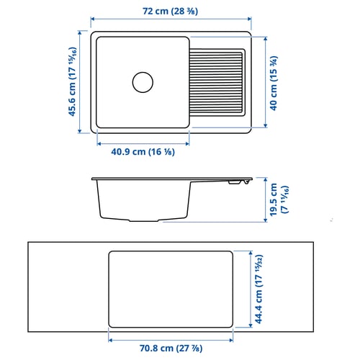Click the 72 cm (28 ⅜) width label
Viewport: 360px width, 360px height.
pos(171,12)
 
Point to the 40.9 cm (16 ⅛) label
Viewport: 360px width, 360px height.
pos(143,153)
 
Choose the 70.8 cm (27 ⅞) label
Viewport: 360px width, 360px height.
pos(171,348)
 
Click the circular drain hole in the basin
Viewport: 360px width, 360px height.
pos(143,81)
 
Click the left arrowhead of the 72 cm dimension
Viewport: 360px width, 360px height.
pos(94,22)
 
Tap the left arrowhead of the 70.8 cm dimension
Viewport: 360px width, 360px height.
pos(109,337)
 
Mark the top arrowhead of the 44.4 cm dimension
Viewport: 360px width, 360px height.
pos(245,252)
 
